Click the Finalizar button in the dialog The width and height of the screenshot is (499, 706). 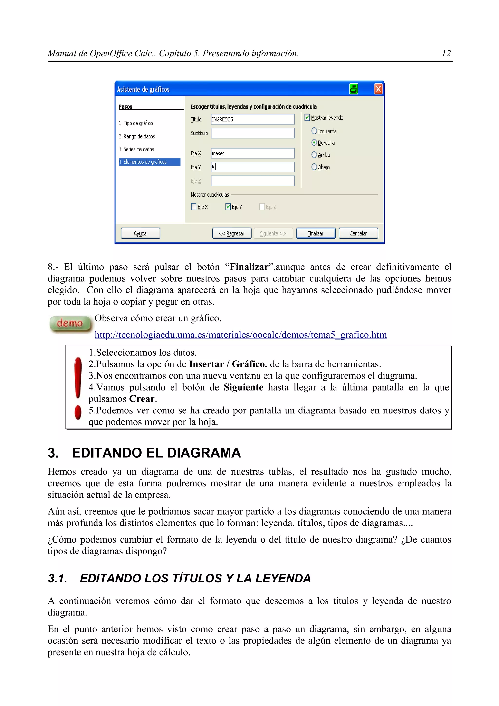[x=316, y=233]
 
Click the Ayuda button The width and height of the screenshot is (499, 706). [x=141, y=233]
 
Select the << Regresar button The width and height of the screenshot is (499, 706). [x=231, y=233]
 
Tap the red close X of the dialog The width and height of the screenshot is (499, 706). [x=378, y=89]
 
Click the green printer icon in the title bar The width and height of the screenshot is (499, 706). [x=354, y=89]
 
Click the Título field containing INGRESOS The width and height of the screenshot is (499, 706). [x=252, y=119]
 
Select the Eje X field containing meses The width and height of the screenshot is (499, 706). [x=252, y=153]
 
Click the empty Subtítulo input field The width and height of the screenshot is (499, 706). [x=252, y=133]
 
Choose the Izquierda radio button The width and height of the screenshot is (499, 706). [x=314, y=131]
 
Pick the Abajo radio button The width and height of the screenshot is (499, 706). [x=314, y=167]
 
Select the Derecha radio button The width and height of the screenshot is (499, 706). [x=314, y=143]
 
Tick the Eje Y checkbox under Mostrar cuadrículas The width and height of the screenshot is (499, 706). [x=228, y=207]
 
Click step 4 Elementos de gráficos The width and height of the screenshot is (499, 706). [x=149, y=162]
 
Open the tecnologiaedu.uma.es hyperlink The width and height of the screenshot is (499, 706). [x=240, y=334]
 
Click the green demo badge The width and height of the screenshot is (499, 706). [x=70, y=324]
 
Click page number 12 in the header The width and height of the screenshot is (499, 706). [x=446, y=54]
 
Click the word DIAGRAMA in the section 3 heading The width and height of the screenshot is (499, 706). [x=204, y=453]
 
